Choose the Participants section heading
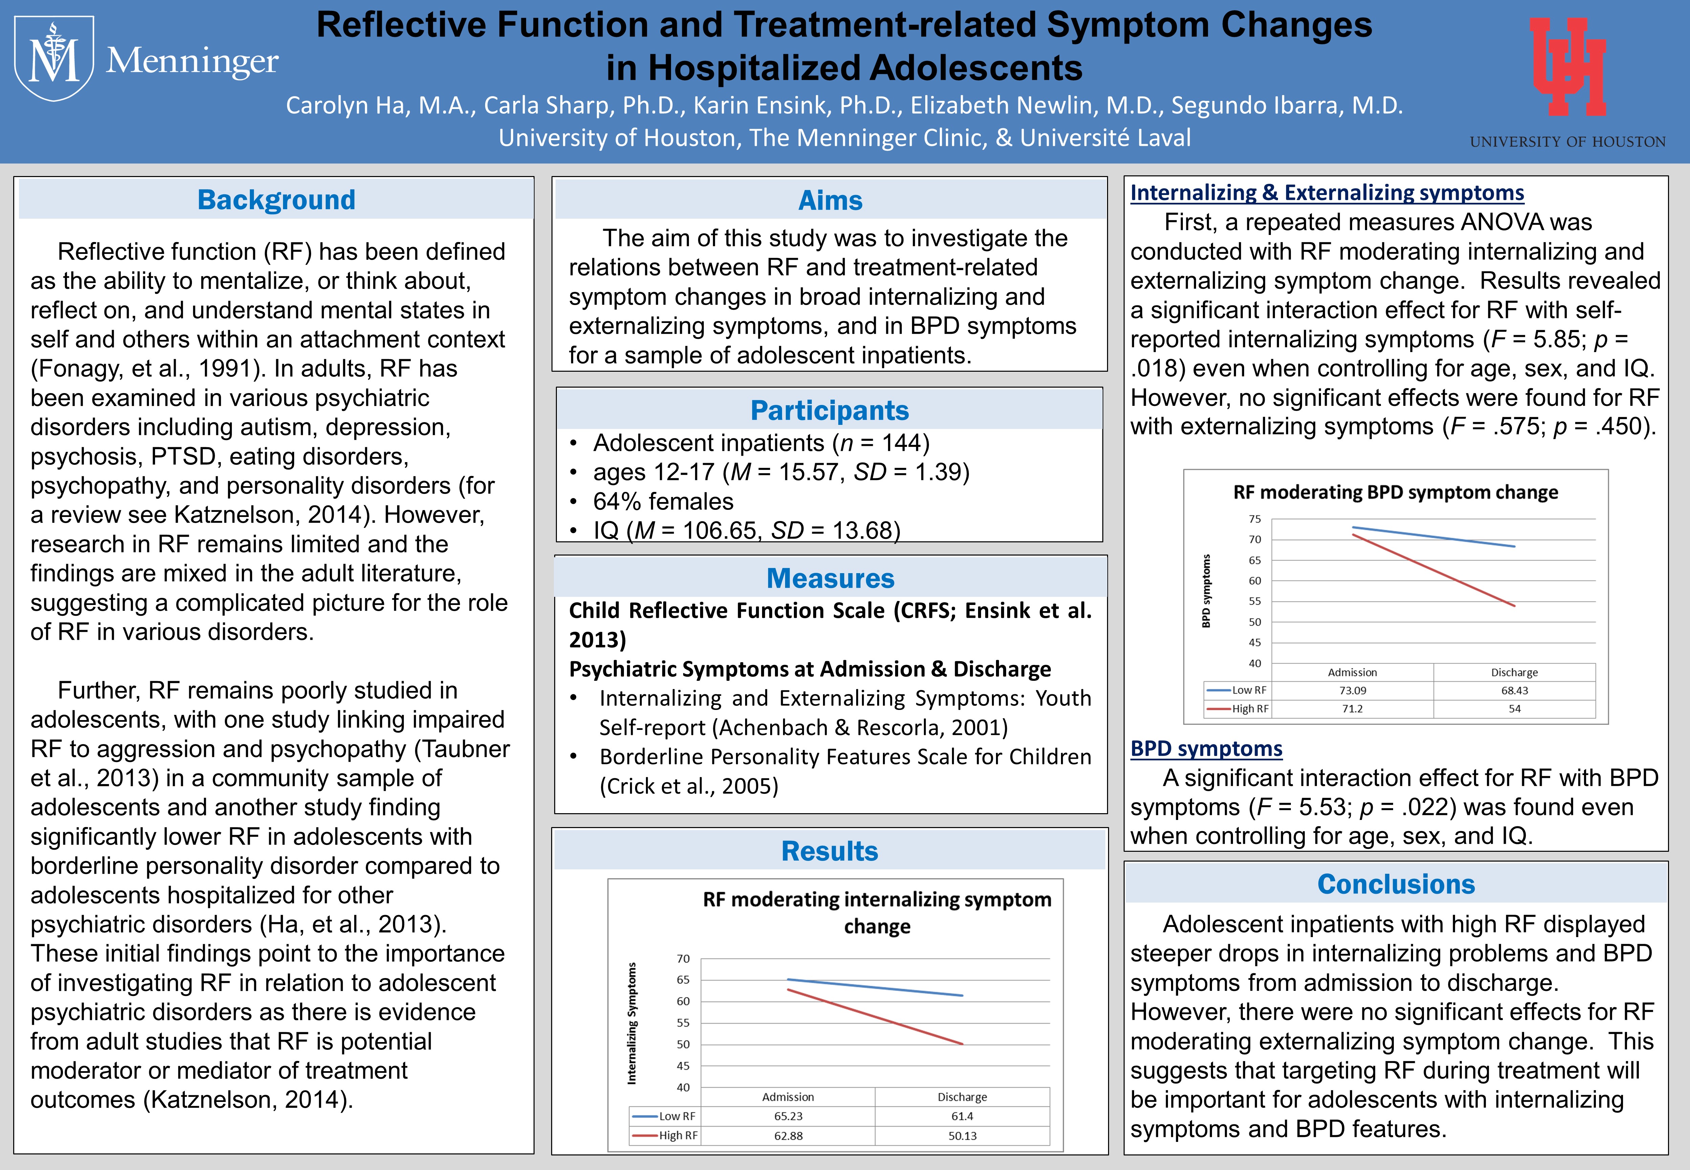click(x=830, y=411)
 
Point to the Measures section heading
click(x=830, y=579)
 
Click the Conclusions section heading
click(x=1396, y=884)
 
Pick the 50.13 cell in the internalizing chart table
click(x=962, y=1135)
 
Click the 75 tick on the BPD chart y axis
click(x=1255, y=519)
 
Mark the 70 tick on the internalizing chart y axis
click(x=683, y=959)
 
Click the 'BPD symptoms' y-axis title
click(x=1206, y=591)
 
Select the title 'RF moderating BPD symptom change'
click(x=1395, y=492)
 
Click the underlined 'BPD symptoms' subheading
click(x=1206, y=749)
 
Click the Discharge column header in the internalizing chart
click(x=962, y=1097)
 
